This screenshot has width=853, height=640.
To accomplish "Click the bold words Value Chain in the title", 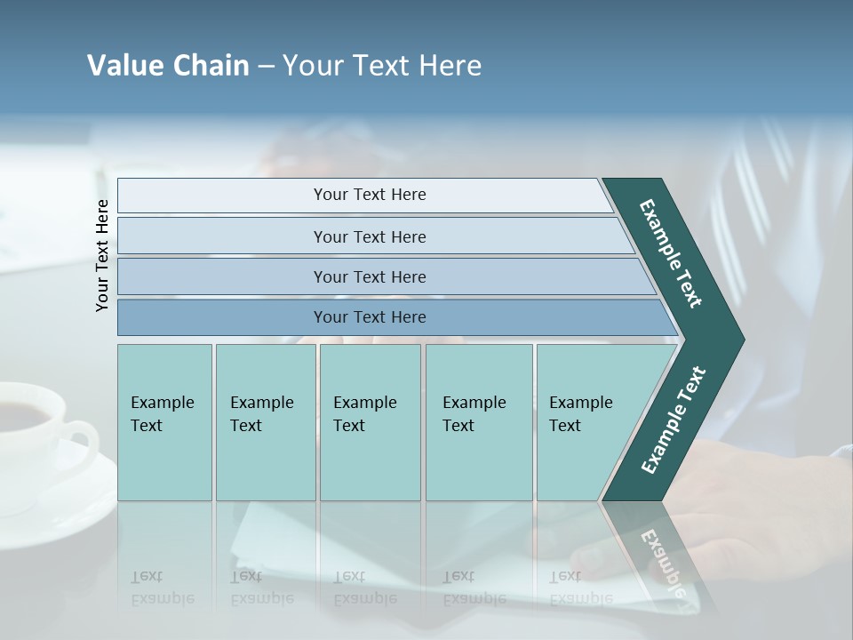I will [x=168, y=66].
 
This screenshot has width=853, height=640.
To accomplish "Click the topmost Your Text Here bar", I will [x=369, y=195].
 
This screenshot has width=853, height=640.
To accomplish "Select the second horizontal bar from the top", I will [x=369, y=236].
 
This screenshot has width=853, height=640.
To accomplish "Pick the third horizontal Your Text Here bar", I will [x=369, y=276].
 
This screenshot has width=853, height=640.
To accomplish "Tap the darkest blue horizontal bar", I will [x=369, y=317].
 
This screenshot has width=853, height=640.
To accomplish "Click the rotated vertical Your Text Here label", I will [x=102, y=255].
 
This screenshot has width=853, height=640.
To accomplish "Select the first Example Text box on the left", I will [x=164, y=421].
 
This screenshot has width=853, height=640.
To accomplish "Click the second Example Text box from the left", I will [x=265, y=421].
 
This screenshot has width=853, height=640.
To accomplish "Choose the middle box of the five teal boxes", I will [x=370, y=421].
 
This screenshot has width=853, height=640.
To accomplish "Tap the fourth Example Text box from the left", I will [x=478, y=421].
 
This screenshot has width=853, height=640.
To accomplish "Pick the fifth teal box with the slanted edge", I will [x=586, y=421].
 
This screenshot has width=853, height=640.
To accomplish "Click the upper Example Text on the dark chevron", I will [x=671, y=253].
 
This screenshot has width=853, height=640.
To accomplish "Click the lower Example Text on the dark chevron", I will [x=673, y=420].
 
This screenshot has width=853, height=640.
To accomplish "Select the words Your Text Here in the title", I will [x=382, y=66].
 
